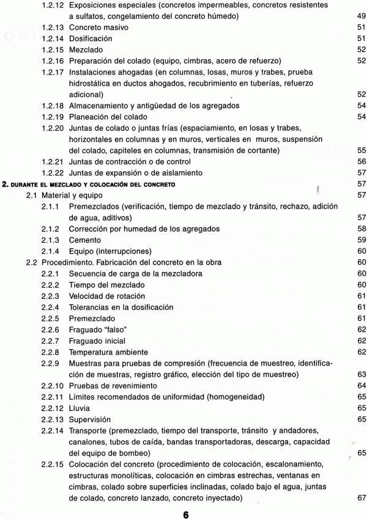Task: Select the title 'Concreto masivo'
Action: pos(98,27)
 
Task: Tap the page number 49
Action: pos(360,16)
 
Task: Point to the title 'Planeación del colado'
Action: pos(108,117)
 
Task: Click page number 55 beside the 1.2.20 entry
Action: pos(360,150)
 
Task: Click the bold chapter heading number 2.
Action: pos(5,183)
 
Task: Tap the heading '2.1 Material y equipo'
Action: pos(64,195)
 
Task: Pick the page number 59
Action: pos(360,240)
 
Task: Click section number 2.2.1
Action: pos(51,273)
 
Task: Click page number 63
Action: pos(360,374)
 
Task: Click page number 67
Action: pos(360,500)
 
